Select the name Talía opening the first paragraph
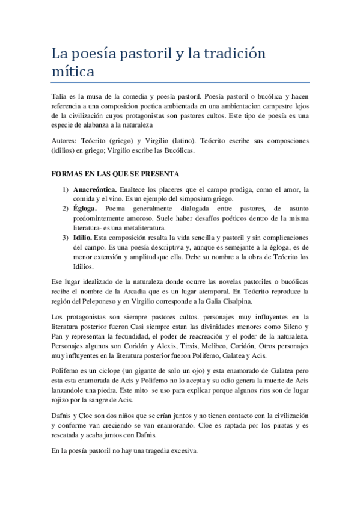(x=59, y=95)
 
